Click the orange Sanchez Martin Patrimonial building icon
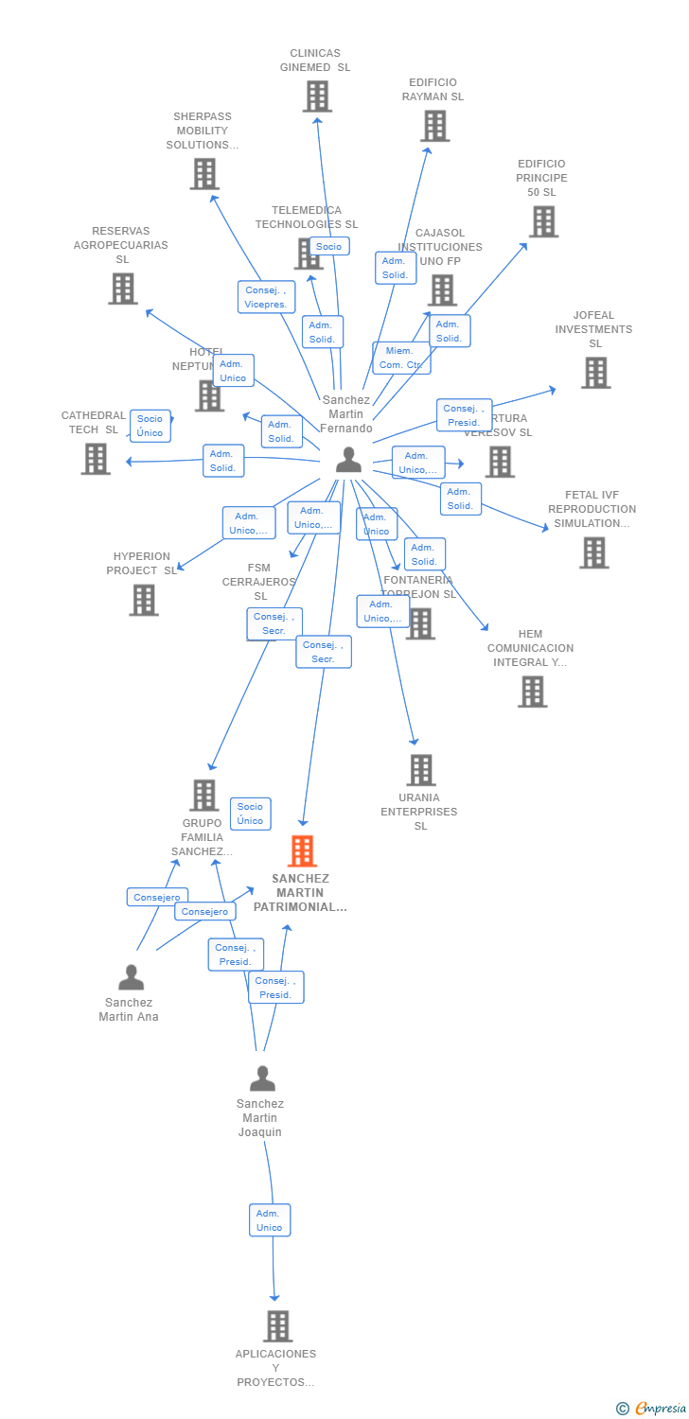coord(302,851)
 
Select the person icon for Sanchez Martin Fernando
coord(349,460)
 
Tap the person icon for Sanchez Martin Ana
coord(132,976)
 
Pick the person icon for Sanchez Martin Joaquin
coord(262,1078)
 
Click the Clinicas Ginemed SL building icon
coord(317,96)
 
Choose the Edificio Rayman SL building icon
coord(434,126)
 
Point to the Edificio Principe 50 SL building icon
coord(543,221)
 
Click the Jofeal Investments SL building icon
coord(595,373)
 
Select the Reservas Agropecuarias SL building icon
coord(123,289)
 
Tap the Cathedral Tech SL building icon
coord(96,459)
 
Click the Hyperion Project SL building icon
coord(144,600)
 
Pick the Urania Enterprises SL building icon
coord(421,770)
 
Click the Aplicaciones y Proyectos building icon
coord(277,1326)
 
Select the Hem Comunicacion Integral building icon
coord(532,692)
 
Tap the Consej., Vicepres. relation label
coord(266,297)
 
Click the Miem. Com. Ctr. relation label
coord(401,358)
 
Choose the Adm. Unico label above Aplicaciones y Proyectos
coord(270,1220)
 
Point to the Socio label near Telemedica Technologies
coord(328,246)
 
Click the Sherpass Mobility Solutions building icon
coord(204,174)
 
